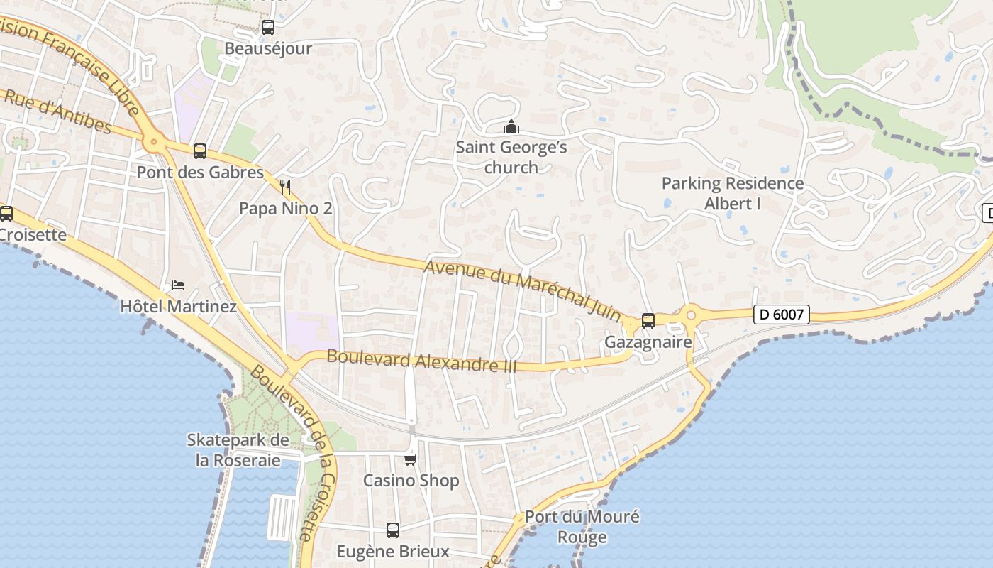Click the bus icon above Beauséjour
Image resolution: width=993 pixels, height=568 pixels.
(x=267, y=28)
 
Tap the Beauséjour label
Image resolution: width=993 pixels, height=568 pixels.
(x=268, y=48)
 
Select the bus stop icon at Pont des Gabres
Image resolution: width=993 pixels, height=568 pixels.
(x=200, y=151)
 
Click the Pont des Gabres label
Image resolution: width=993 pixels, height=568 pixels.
(x=200, y=172)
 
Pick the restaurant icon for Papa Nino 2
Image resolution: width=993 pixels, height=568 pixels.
(x=285, y=187)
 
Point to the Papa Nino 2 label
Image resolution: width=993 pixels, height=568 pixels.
(x=285, y=209)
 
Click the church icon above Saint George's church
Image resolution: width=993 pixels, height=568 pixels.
(x=511, y=127)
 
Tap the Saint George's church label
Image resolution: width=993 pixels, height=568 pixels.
(x=511, y=158)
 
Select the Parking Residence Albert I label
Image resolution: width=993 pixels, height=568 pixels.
(x=733, y=193)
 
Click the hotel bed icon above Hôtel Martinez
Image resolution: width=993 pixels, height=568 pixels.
(x=178, y=285)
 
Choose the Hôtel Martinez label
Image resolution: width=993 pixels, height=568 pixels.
(x=178, y=307)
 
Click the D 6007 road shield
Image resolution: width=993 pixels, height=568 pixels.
(x=781, y=314)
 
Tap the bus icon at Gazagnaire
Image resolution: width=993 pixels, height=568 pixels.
(x=648, y=320)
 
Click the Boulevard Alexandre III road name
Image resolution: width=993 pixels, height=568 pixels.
(x=421, y=361)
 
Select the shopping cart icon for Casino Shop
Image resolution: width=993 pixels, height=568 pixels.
(x=411, y=459)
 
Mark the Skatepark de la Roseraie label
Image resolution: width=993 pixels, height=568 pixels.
(x=238, y=450)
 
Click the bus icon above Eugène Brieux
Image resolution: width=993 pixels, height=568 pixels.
(x=392, y=530)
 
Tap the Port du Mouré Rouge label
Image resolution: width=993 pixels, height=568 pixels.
(x=582, y=526)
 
